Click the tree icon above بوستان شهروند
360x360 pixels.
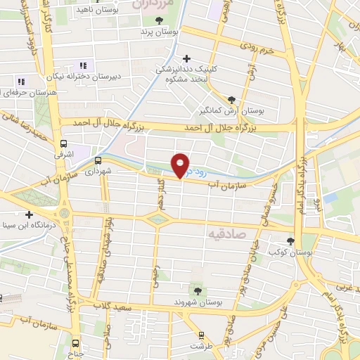pyautogui.click(x=196, y=290)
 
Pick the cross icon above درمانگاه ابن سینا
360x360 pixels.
pyautogui.click(x=29, y=214)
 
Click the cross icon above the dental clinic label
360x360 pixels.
pyautogui.click(x=186, y=59)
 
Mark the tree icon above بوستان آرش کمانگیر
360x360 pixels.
pyautogui.click(x=232, y=100)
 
